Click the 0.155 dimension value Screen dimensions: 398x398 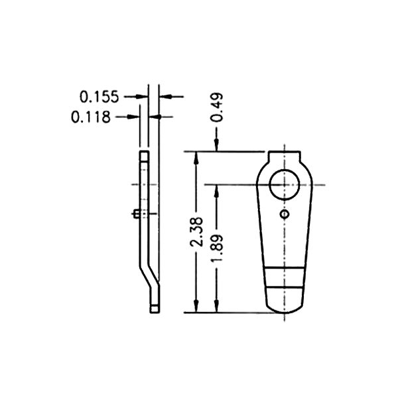[99, 97]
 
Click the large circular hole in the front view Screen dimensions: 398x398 [286, 183]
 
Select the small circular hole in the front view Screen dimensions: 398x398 [285, 215]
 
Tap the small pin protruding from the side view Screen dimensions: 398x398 [135, 214]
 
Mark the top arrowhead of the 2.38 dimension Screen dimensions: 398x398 [196, 157]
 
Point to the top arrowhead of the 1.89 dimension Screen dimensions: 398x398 [217, 188]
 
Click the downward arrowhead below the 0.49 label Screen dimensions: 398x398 [217, 146]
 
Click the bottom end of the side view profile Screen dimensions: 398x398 [155, 308]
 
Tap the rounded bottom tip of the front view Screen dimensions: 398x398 [285, 309]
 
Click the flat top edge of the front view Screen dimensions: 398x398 [285, 152]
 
